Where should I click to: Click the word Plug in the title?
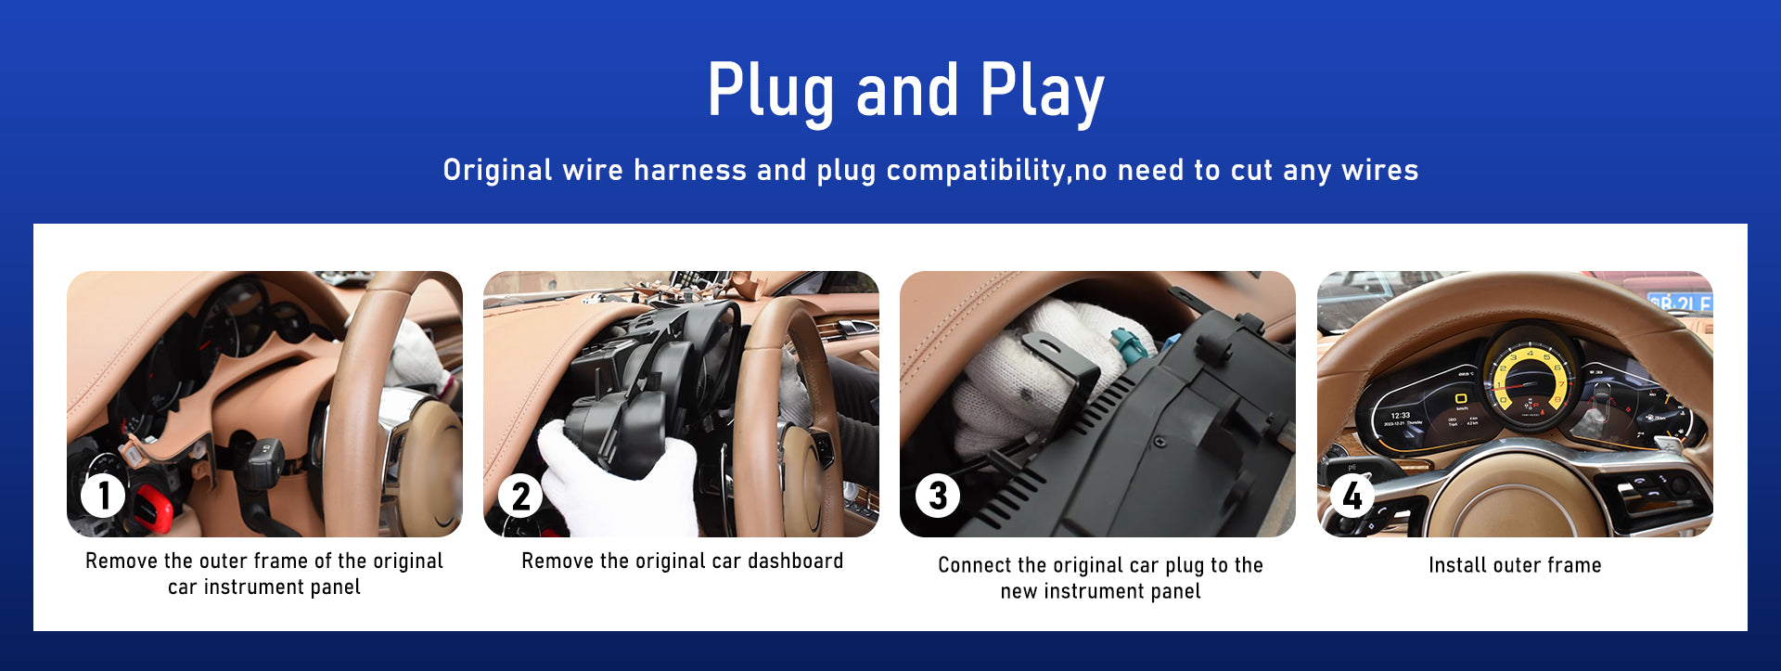(x=769, y=92)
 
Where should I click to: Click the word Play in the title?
(x=1043, y=92)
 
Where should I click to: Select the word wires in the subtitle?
(x=1380, y=171)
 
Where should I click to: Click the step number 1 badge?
(x=103, y=496)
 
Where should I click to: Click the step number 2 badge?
(x=520, y=496)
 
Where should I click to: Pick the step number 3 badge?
(x=938, y=496)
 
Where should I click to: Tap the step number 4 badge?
(x=1352, y=496)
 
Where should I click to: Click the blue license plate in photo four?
(x=1679, y=303)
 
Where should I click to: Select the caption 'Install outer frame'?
(x=1515, y=565)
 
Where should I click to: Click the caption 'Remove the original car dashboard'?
(x=682, y=561)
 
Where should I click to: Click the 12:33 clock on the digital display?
(x=1401, y=416)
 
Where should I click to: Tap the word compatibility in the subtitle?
(x=976, y=171)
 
